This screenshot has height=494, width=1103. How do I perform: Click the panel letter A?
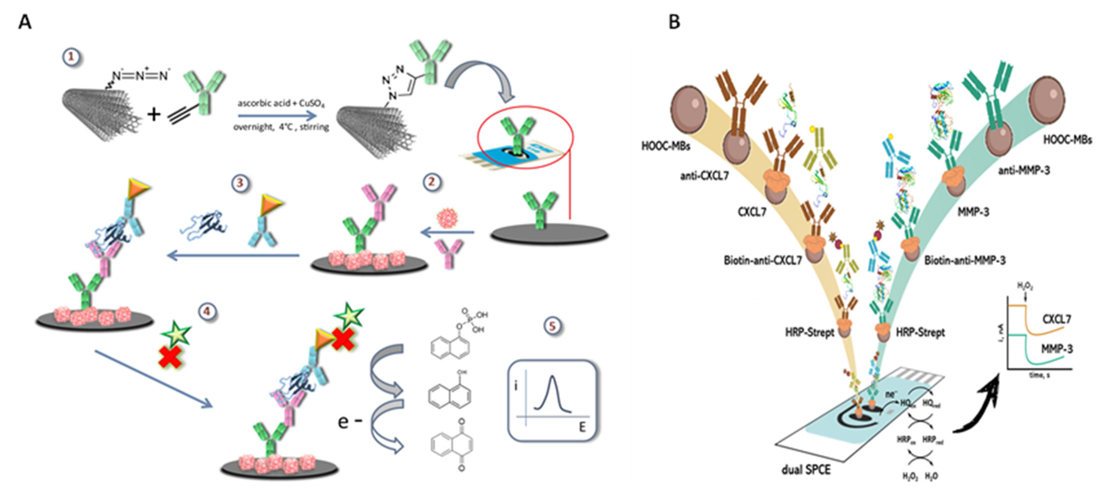[25, 21]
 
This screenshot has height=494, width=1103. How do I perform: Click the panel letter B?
[674, 21]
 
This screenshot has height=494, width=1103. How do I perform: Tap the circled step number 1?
[71, 57]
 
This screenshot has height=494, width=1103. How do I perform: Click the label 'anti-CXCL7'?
[704, 176]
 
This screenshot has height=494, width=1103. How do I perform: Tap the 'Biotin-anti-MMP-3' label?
[965, 260]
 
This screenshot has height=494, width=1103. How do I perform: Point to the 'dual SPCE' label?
[806, 470]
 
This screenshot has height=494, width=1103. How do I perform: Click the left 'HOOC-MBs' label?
[665, 146]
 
